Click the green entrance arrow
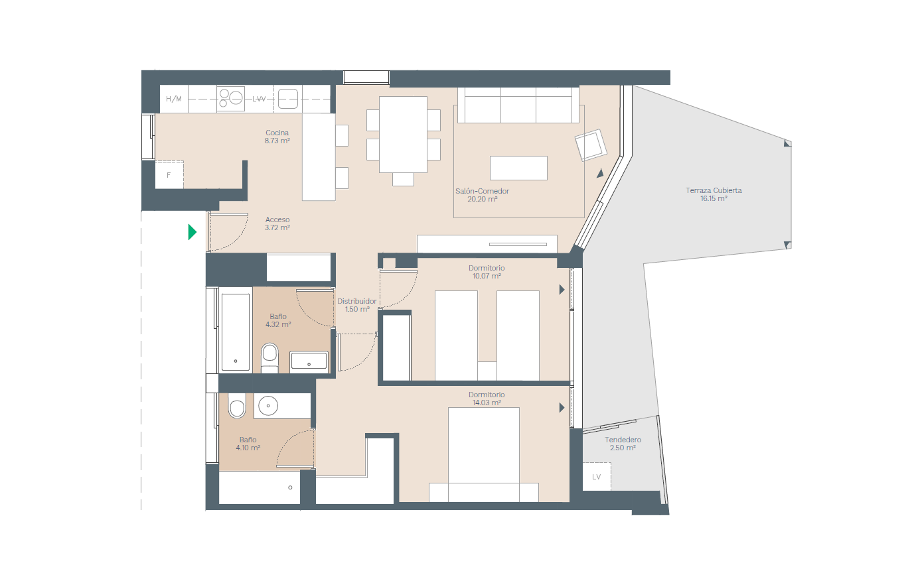pos(192,232)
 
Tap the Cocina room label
pos(277,133)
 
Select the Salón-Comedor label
pos(482,191)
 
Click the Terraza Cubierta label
pos(714,190)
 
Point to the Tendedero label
pos(623,440)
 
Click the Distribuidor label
pos(357,301)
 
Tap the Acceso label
pos(277,220)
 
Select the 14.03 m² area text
pos(487,403)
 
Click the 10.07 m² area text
pos(487,276)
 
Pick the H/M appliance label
pos(174,99)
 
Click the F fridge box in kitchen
pos(169,175)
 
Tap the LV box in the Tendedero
pos(597,476)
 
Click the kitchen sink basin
pos(288,99)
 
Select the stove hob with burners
pos(230,99)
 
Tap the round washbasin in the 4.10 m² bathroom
pos(268,406)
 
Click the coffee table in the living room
pos(518,168)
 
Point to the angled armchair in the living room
pos(591,145)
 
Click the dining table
pos(403,135)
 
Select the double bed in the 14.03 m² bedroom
pos(484,454)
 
